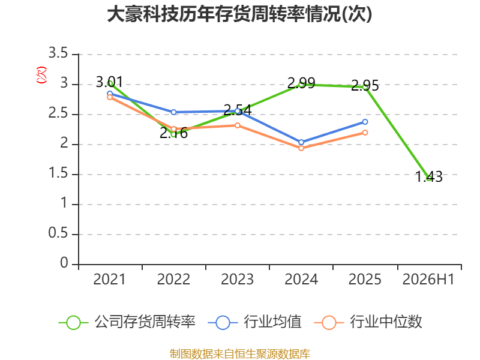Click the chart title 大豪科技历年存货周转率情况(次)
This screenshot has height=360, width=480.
[239, 14]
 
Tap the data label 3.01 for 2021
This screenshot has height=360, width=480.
[109, 82]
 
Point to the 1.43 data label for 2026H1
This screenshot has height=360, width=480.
[429, 177]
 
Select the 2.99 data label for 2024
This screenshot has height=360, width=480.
[301, 83]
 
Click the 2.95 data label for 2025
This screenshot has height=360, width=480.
[365, 85]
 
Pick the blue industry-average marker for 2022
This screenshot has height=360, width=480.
[173, 112]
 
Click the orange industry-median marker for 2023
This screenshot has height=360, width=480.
[237, 125]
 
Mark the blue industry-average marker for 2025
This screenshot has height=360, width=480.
[365, 122]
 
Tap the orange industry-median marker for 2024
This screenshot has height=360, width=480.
[301, 148]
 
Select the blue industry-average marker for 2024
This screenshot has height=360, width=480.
[301, 142]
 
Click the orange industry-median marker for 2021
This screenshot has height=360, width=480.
[110, 97]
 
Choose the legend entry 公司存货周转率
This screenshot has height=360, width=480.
[127, 322]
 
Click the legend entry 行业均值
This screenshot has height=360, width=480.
[254, 322]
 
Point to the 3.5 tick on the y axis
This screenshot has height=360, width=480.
[58, 53]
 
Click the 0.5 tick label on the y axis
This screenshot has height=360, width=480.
[58, 233]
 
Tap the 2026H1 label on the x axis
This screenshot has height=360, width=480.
[428, 279]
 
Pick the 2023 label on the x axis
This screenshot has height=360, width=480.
[237, 279]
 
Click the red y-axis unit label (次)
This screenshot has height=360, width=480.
[41, 75]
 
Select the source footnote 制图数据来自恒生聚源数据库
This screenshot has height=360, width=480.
[240, 354]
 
